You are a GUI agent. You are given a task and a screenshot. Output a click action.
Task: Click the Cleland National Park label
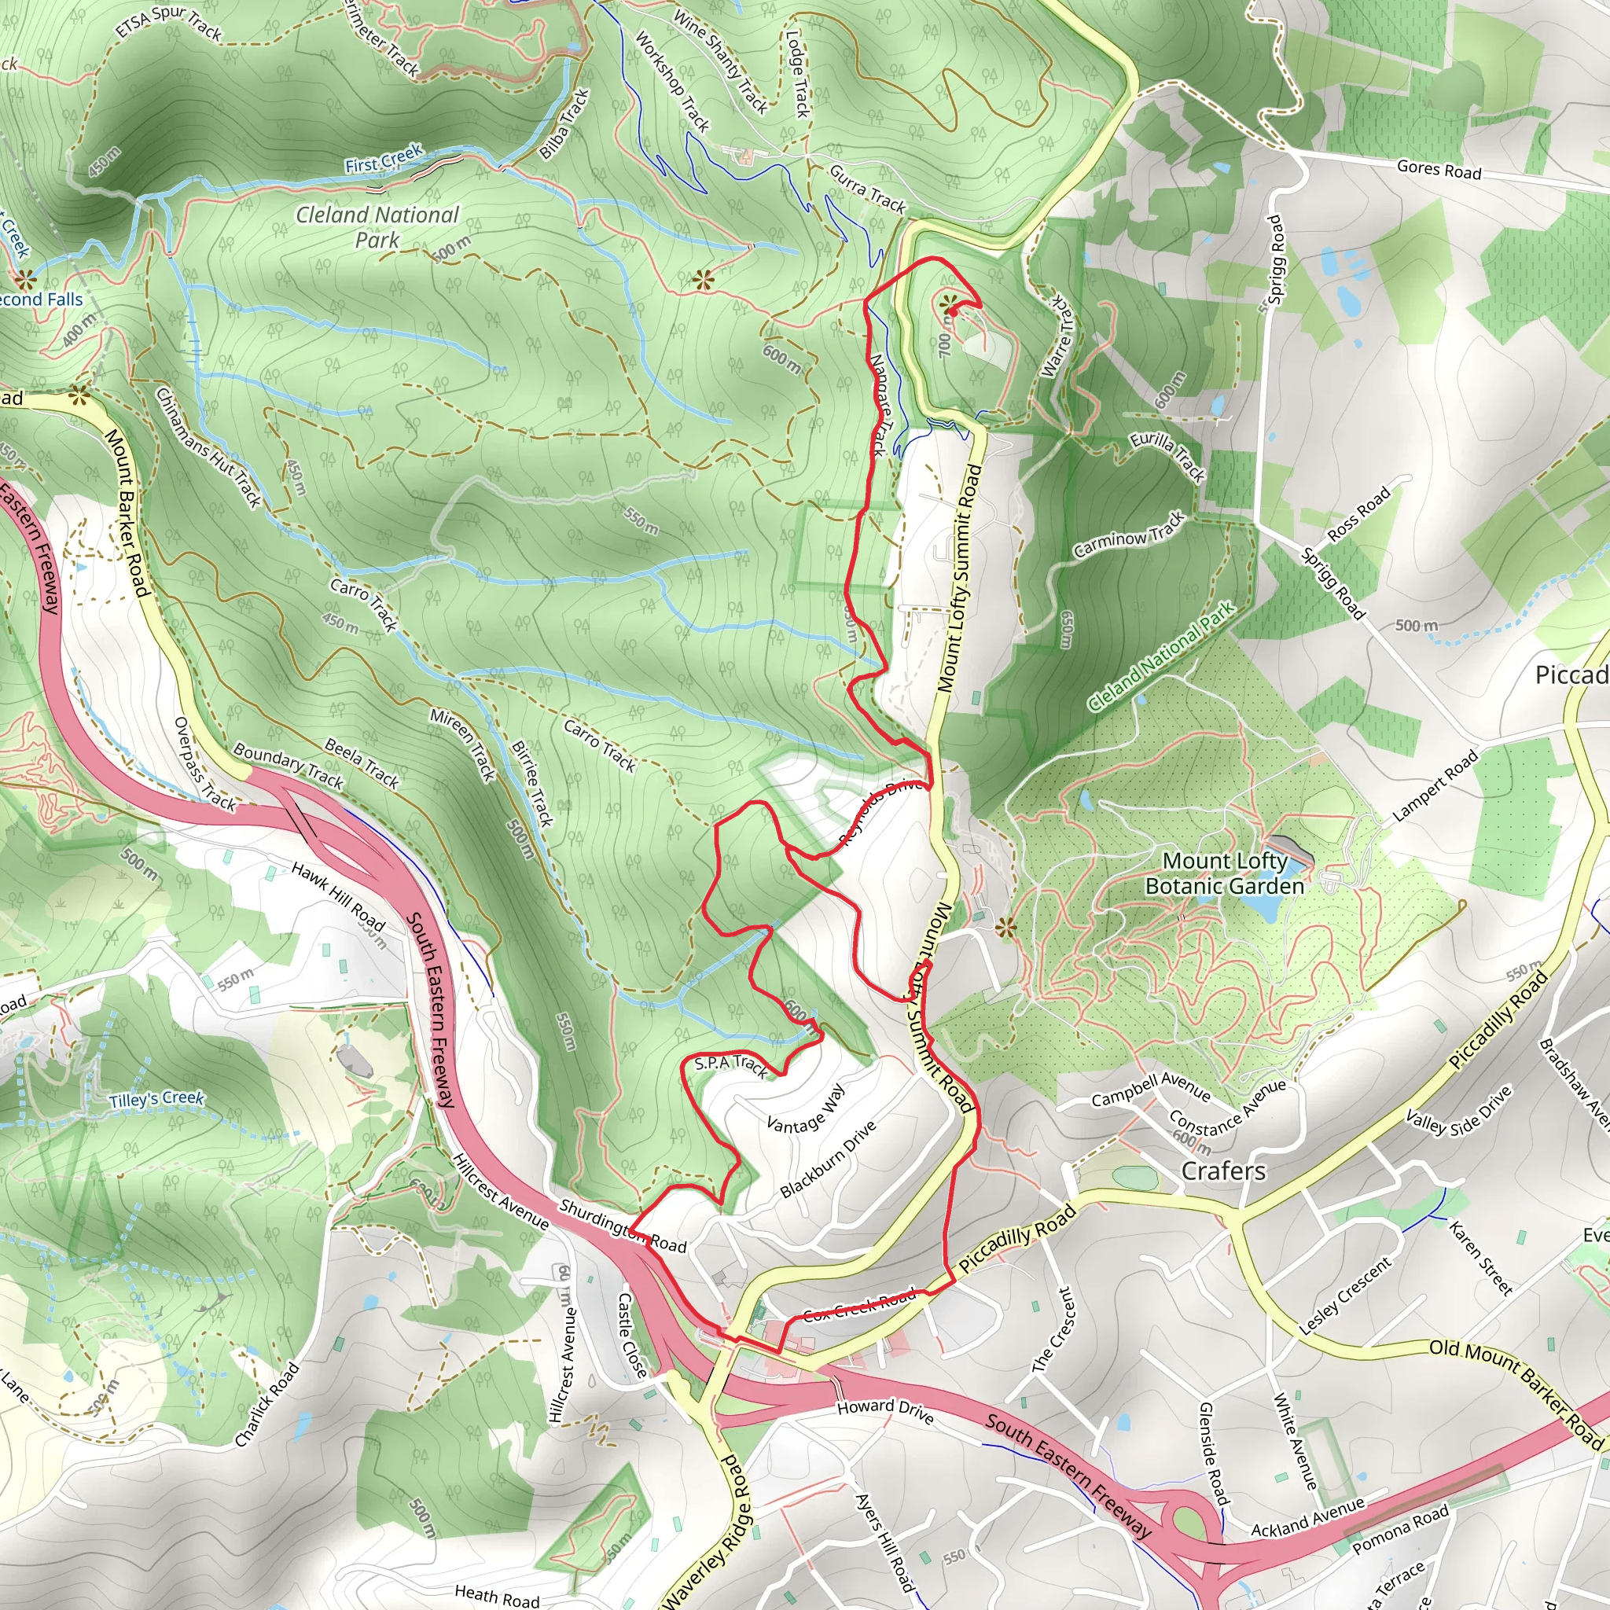[377, 226]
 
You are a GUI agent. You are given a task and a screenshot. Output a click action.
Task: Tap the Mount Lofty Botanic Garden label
[1224, 873]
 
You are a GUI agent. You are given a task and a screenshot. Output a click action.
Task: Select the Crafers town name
[1223, 1171]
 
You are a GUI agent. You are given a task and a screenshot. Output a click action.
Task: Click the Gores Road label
[1439, 169]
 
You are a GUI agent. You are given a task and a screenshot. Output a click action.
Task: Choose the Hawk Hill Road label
[337, 897]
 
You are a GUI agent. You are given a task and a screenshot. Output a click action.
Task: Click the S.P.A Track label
[730, 1064]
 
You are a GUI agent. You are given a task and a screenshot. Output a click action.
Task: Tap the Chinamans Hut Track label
[208, 447]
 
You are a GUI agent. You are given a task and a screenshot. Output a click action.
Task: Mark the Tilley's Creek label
[156, 1100]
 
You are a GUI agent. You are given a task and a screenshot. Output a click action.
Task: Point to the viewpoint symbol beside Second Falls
[24, 278]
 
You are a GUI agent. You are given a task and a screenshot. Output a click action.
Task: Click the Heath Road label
[497, 1595]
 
